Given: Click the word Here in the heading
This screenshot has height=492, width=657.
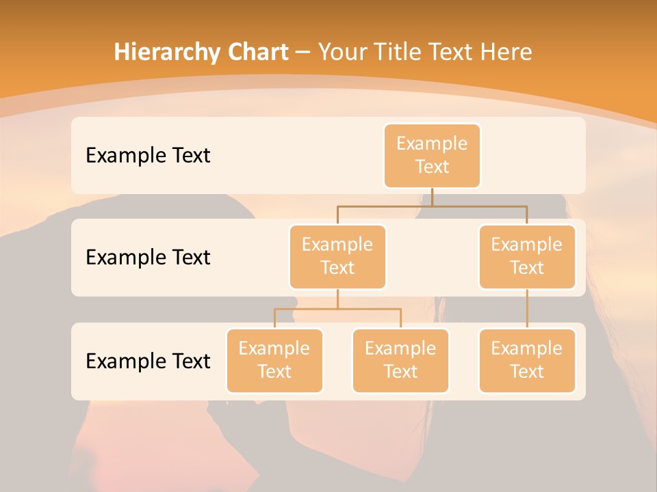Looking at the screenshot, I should pyautogui.click(x=506, y=53).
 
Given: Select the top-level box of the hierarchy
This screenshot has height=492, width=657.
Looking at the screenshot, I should pyautogui.click(x=432, y=155).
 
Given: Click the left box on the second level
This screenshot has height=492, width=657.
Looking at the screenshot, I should pyautogui.click(x=337, y=256).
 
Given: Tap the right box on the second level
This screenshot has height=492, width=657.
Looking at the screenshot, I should pyautogui.click(x=527, y=256).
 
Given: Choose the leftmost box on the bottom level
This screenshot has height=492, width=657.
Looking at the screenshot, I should pyautogui.click(x=274, y=360).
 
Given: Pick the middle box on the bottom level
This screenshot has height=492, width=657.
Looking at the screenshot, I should pyautogui.click(x=400, y=360).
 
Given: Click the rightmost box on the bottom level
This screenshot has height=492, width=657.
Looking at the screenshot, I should pyautogui.click(x=527, y=360).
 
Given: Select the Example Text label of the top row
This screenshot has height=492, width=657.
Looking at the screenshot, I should pyautogui.click(x=148, y=155).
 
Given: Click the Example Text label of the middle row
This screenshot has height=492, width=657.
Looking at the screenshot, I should pyautogui.click(x=148, y=257).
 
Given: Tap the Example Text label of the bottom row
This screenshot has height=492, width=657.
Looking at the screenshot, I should pyautogui.click(x=148, y=361).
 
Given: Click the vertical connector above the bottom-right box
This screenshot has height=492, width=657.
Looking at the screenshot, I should pyautogui.click(x=527, y=309).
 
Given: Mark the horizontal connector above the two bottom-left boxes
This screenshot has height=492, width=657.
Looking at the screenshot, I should pyautogui.click(x=337, y=309).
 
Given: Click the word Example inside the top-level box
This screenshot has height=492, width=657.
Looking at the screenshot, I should pyautogui.click(x=432, y=143).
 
